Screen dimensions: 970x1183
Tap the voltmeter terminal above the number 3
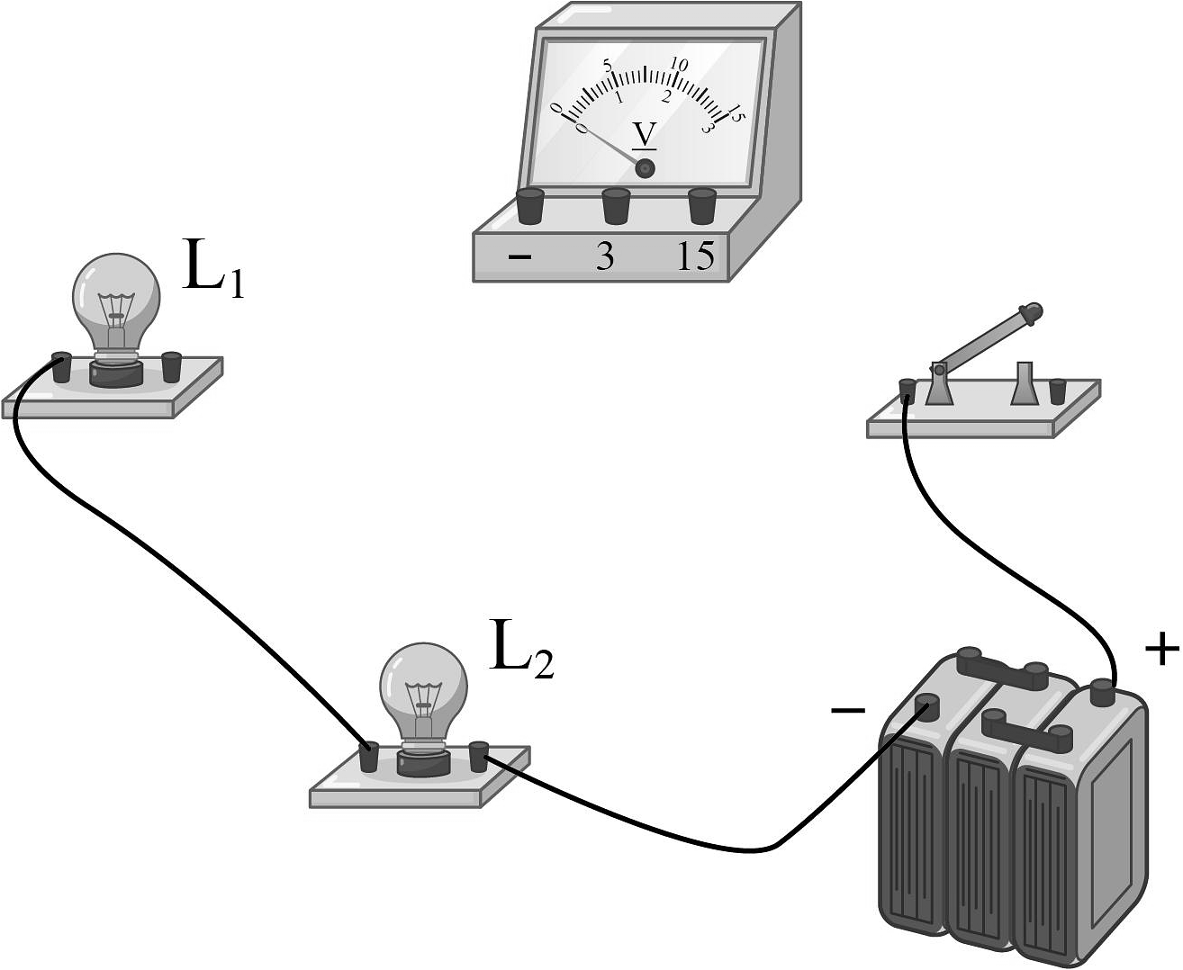pos(617,206)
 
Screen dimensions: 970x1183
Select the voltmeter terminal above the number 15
pos(702,206)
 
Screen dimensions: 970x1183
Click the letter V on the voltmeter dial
pos(645,135)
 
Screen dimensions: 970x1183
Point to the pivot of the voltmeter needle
pos(645,168)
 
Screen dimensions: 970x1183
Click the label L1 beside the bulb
pos(212,266)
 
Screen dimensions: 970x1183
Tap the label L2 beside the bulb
pos(521,648)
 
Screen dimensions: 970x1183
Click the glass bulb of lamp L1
pos(116,292)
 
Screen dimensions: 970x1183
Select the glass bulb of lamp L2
pos(423,679)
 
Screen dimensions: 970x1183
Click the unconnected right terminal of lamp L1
pos(171,366)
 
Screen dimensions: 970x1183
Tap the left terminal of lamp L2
pos(368,757)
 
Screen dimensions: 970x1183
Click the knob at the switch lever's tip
pos(1032,314)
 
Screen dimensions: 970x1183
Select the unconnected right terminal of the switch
pos(1058,391)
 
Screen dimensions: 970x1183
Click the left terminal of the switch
pos(908,391)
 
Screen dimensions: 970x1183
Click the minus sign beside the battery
pos(847,711)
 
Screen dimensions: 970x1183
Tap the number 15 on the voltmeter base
pos(696,257)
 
